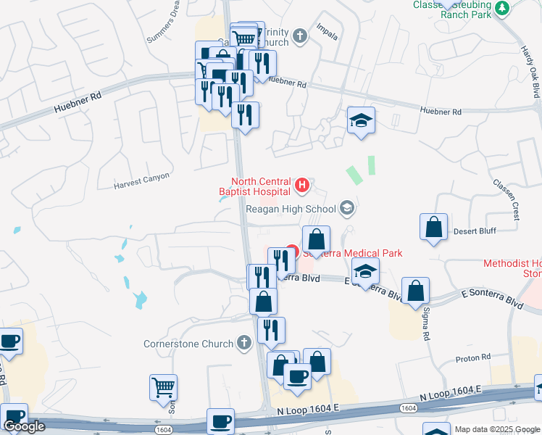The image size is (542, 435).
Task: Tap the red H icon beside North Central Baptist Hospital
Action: point(303,187)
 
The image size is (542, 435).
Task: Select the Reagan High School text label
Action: point(291,209)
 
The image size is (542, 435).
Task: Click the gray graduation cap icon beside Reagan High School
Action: point(347,209)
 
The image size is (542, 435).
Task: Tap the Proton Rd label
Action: point(473,357)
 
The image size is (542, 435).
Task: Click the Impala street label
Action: point(328,31)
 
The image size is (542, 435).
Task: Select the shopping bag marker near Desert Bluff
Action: point(433,227)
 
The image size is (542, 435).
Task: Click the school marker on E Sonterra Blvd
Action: point(366,272)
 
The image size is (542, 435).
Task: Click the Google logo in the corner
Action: point(24,426)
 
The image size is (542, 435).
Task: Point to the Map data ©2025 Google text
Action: point(497,429)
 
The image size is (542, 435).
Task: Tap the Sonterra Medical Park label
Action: point(352,253)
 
